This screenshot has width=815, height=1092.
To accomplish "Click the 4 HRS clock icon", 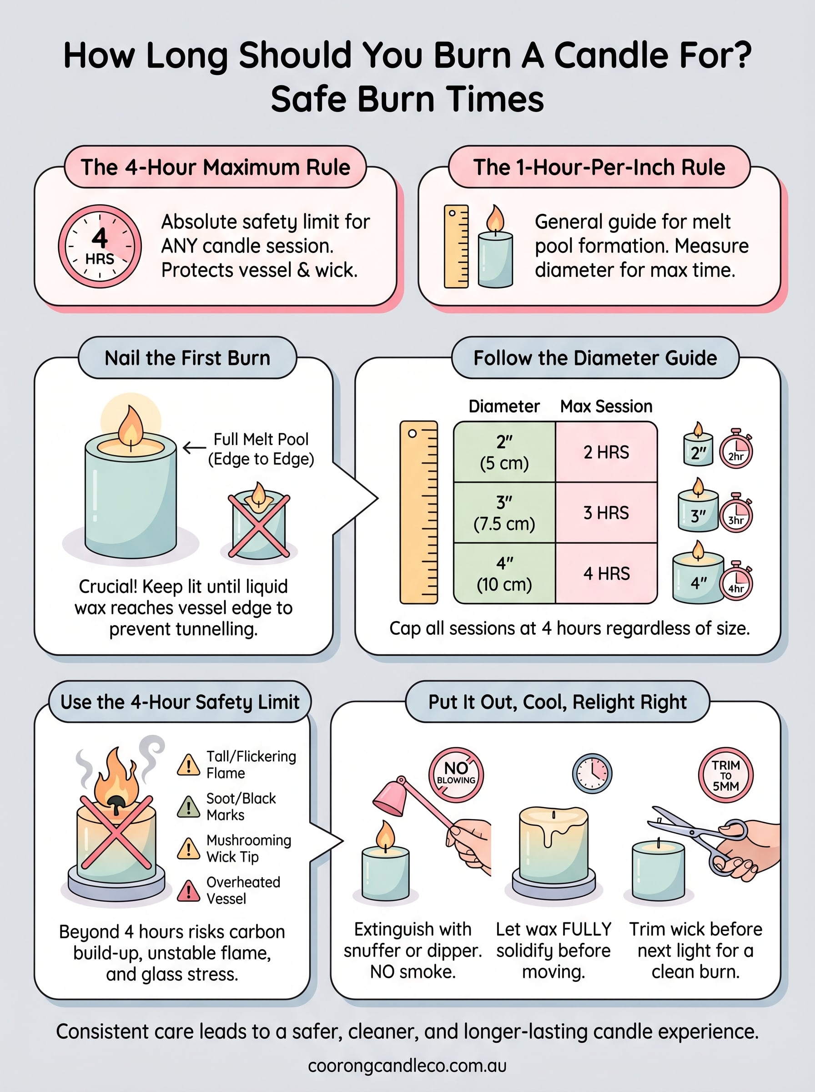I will (100, 246).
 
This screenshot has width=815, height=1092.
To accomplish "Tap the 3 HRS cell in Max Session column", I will (606, 513).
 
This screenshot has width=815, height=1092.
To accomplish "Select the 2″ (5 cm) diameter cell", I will (504, 452).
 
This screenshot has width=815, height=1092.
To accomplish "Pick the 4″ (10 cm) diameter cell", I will (504, 573).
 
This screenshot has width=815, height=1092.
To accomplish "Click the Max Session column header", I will (606, 406).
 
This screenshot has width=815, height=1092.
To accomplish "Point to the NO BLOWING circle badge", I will (456, 773).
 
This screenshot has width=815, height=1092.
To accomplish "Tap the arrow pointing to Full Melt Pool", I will (194, 448).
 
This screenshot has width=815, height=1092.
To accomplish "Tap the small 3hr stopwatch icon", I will (735, 514).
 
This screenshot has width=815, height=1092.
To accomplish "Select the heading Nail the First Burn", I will (187, 358).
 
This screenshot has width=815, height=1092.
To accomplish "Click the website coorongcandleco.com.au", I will (407, 1065).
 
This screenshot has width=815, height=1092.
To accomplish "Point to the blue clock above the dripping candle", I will (592, 773).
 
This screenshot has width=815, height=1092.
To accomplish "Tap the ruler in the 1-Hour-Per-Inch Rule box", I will (456, 246).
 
